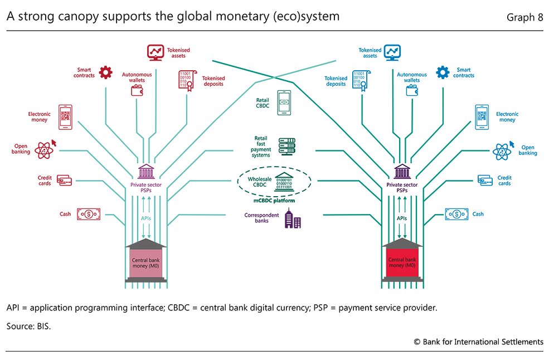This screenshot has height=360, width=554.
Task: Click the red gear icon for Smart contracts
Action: [106, 72]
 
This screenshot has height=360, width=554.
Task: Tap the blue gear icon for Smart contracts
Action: [443, 72]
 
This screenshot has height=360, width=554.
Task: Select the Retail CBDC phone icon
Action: [284, 103]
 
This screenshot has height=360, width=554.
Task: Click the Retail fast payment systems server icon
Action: [287, 146]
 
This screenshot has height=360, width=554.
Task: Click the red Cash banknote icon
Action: [89, 214]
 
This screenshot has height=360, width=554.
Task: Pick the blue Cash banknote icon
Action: [456, 214]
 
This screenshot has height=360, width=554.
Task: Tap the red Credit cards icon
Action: [64, 181]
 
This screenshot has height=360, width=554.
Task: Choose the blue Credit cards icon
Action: [485, 181]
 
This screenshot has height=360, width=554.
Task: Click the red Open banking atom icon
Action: [44, 150]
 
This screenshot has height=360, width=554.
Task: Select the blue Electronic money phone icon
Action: [482, 117]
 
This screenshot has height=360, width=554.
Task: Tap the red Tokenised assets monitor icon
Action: [155, 52]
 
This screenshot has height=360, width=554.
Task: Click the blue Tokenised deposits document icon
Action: [361, 81]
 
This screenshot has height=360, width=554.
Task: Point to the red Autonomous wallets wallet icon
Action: [137, 90]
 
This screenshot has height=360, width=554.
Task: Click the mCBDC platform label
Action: [274, 201]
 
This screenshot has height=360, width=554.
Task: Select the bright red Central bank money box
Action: [402, 262]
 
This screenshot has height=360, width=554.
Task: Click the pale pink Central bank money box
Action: [146, 263]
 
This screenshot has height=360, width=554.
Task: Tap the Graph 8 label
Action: [524, 17]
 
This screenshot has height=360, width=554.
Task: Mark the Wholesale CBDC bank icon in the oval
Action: [284, 182]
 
